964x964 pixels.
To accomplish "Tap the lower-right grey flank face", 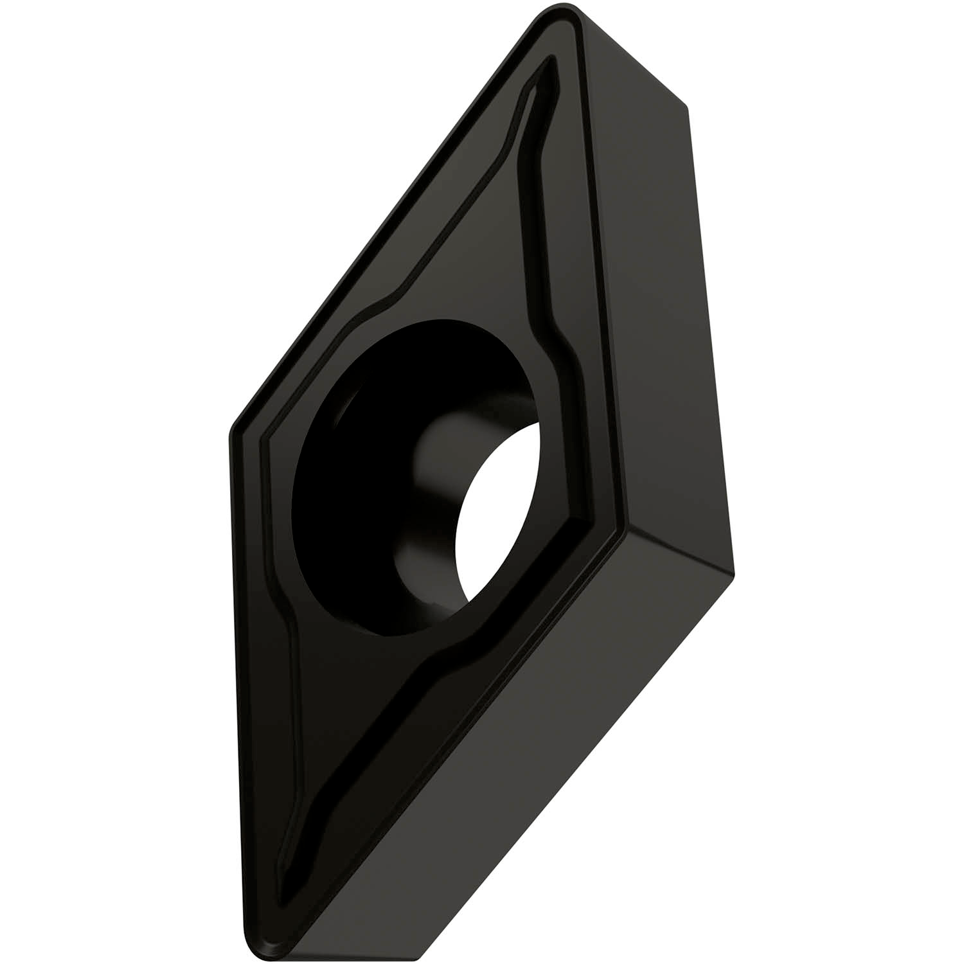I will coord(514,739).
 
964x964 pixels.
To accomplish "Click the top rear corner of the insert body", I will coord(688,106).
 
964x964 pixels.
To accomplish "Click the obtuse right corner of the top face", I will coord(620,527).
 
